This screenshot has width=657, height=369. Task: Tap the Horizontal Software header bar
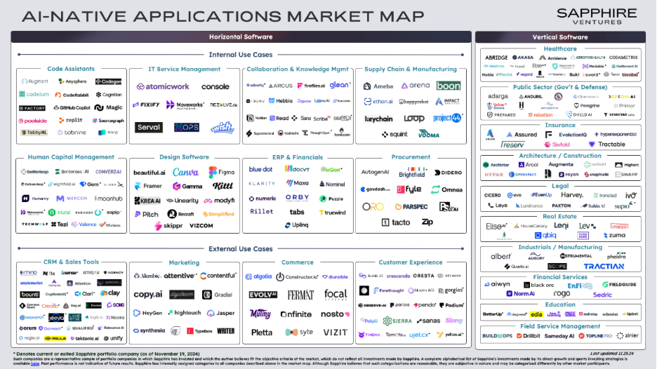click(241, 36)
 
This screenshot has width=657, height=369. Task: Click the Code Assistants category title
click(71, 69)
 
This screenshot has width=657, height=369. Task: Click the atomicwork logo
click(163, 87)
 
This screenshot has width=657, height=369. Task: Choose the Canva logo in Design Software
click(185, 173)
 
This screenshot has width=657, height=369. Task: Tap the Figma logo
click(222, 173)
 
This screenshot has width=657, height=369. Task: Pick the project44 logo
click(448, 118)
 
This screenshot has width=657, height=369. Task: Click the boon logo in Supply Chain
click(449, 86)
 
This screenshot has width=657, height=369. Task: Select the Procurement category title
click(411, 157)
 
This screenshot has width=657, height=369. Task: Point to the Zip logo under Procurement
click(427, 222)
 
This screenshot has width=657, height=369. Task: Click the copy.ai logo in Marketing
click(148, 295)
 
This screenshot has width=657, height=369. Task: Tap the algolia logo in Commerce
click(258, 276)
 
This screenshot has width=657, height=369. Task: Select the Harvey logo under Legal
click(571, 195)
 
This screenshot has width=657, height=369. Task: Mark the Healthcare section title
click(560, 49)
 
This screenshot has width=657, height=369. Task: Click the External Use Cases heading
click(241, 249)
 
